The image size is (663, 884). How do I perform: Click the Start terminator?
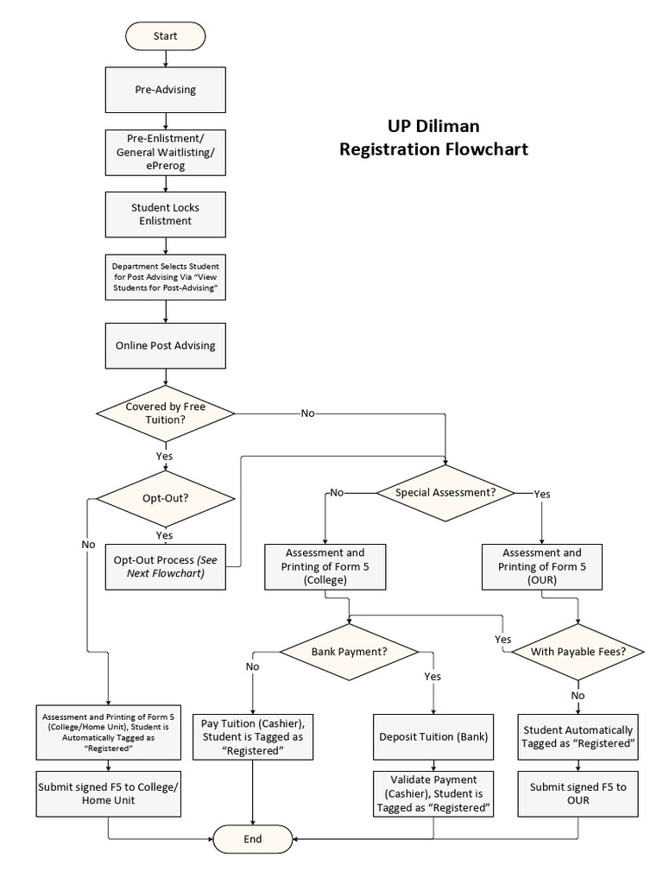coord(165,36)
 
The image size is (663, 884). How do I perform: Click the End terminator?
coord(252,838)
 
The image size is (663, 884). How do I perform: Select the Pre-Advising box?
coord(165,89)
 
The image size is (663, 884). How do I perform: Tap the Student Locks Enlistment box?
coord(165,214)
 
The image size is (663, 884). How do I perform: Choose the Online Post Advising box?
coord(165,345)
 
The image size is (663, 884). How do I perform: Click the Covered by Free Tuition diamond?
coord(165,413)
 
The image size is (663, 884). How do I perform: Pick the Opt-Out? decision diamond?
coord(165,499)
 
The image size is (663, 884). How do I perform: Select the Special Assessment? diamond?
coord(445,493)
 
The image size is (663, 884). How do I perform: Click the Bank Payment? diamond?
coord(349,651)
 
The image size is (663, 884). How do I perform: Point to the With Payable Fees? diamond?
coord(578,652)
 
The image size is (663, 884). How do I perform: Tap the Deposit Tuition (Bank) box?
coord(433,737)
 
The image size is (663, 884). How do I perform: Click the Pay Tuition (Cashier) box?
coord(252,736)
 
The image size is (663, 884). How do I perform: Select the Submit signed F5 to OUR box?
coord(578,793)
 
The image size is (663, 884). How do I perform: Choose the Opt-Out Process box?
coord(165,567)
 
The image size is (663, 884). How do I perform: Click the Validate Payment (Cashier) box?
coord(433,793)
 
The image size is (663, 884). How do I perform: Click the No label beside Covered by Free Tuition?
coord(307,414)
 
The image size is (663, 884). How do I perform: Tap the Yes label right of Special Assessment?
coord(542,494)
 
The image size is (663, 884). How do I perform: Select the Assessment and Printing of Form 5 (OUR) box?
coord(541,567)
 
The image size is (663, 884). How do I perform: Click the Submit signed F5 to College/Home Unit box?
coord(108,793)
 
